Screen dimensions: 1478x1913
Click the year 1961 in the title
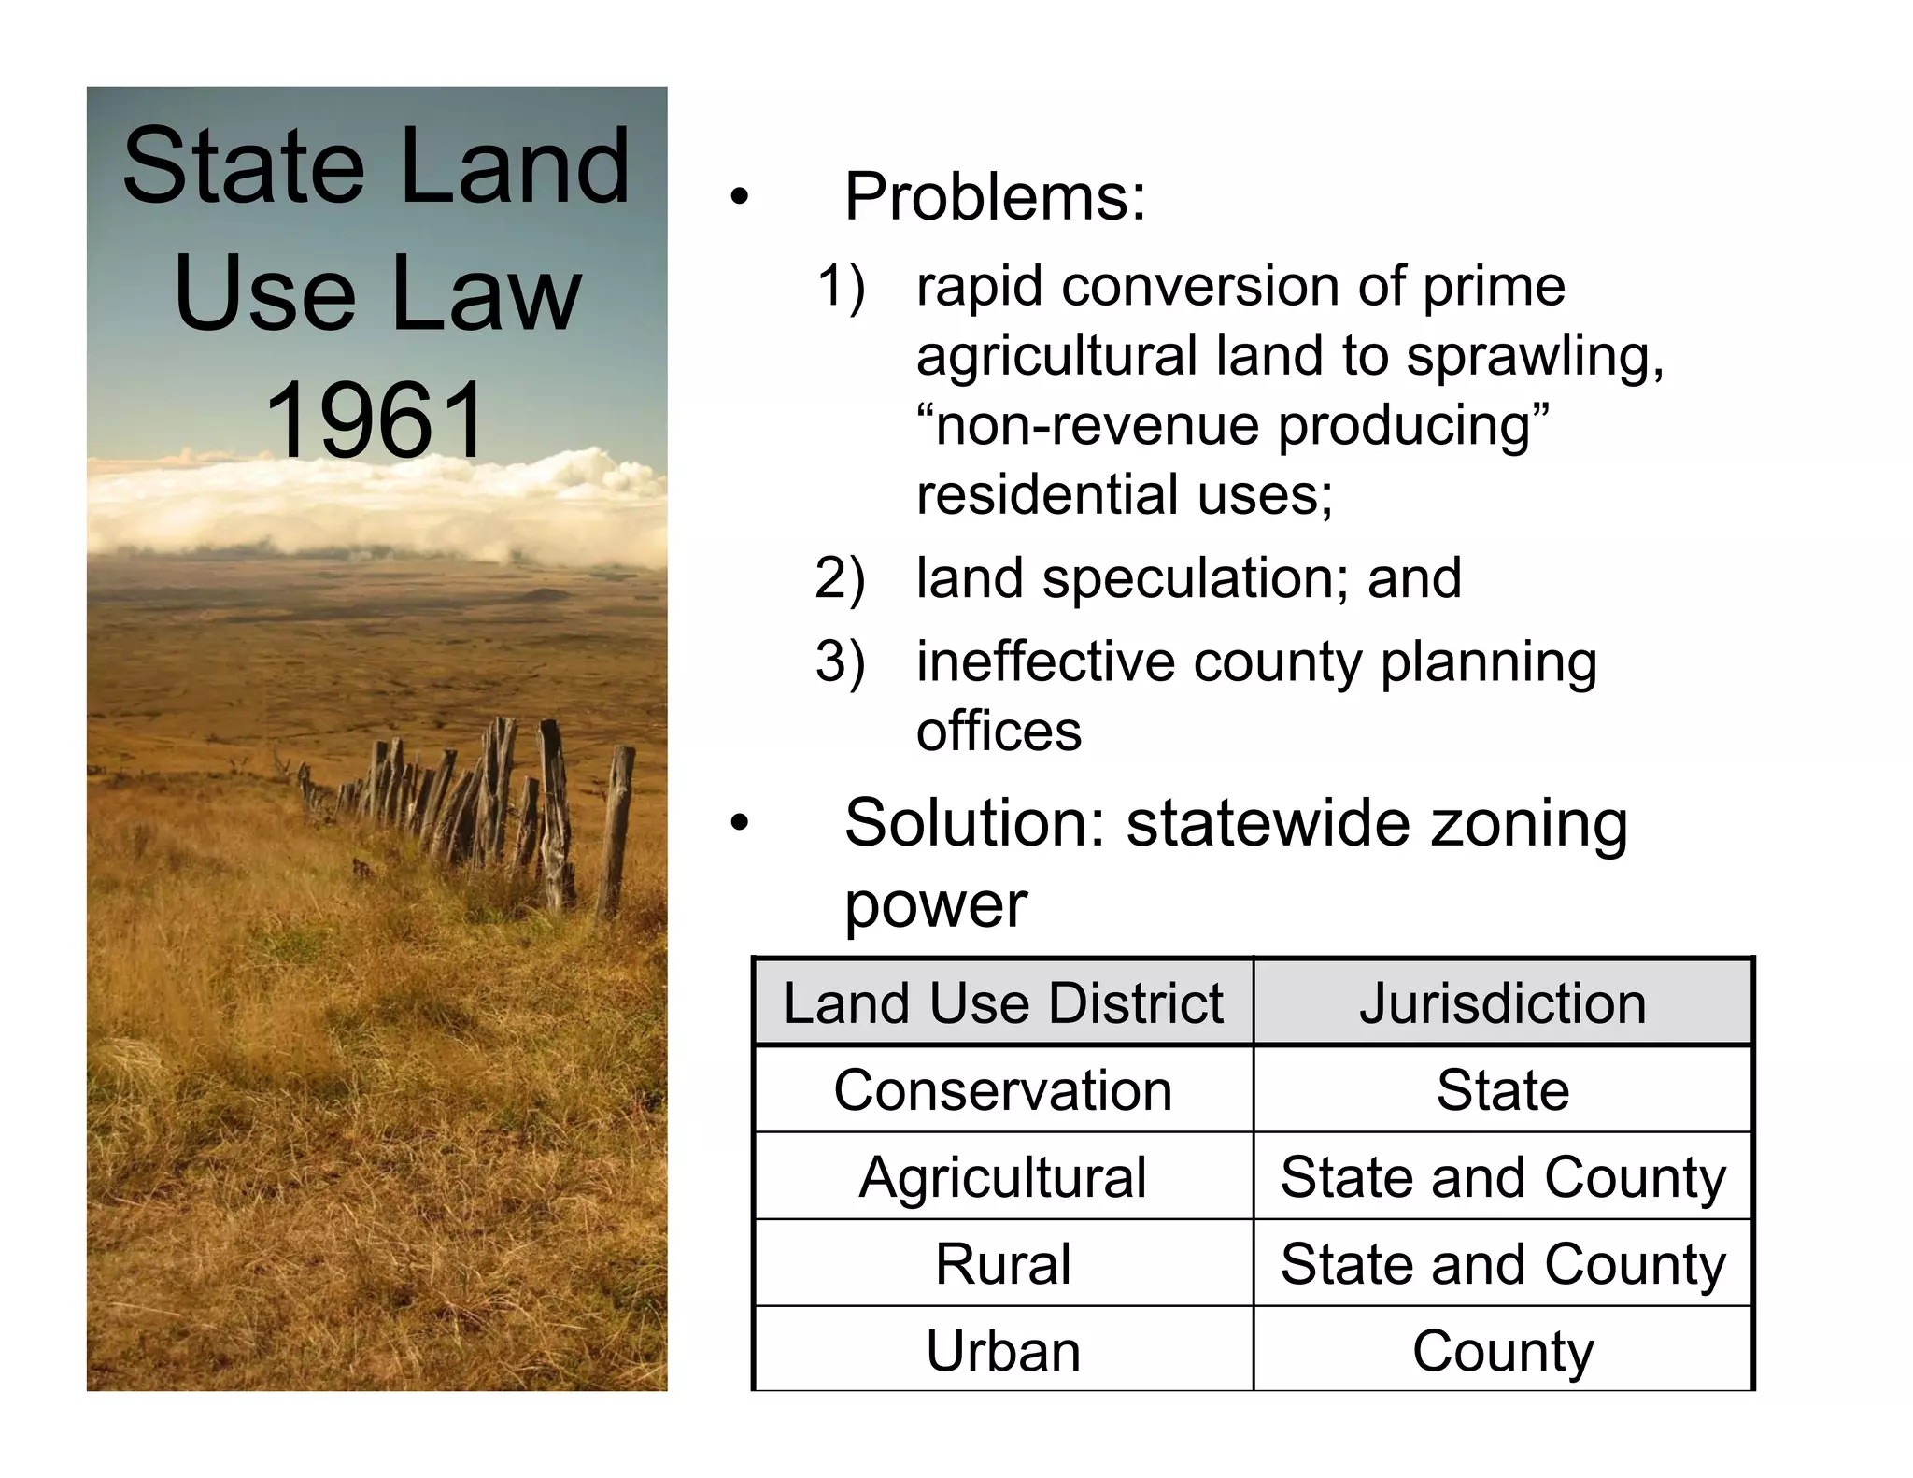tap(376, 420)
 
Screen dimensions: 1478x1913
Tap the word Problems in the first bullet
tap(994, 198)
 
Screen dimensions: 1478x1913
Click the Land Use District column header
tap(1002, 1003)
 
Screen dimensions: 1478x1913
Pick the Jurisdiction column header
tap(1502, 1003)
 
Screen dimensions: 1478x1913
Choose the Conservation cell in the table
tap(1002, 1090)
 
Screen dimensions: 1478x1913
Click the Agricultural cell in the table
tap(1002, 1177)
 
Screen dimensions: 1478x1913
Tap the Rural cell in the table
tap(1002, 1264)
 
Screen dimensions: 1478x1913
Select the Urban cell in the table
tap(1002, 1351)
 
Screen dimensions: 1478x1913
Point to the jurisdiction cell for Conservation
tap(1502, 1090)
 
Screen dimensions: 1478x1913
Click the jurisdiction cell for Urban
tap(1502, 1351)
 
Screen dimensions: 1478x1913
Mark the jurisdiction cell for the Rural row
tap(1502, 1264)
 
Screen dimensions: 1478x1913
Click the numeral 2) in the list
tap(840, 578)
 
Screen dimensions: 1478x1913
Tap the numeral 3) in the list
tap(840, 662)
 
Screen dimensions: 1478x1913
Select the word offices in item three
tap(999, 732)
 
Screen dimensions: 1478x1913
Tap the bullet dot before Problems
tap(740, 198)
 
